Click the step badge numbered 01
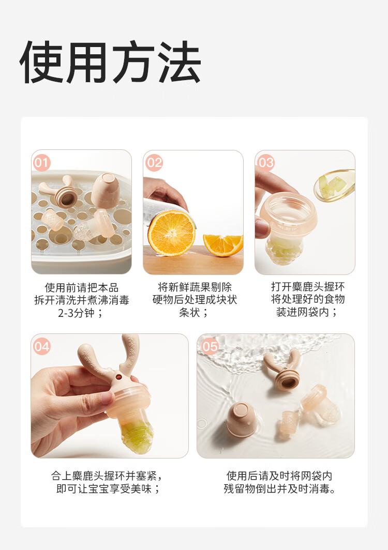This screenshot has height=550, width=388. (42, 163)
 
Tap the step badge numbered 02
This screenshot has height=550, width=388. (154, 163)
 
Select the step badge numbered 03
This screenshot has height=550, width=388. (266, 163)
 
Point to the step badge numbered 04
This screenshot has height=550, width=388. (42, 346)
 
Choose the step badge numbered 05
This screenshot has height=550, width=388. (211, 346)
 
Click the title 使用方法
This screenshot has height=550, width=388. (110, 63)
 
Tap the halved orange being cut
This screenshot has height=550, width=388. (171, 233)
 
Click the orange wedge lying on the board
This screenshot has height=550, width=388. (223, 245)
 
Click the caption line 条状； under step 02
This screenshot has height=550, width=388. (194, 312)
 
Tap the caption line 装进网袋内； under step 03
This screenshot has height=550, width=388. (307, 312)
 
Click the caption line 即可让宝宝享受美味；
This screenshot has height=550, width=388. (108, 488)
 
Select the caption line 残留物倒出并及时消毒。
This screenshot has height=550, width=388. (279, 488)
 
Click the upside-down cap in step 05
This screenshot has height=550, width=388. (242, 420)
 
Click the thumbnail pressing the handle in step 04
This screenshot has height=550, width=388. (107, 398)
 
